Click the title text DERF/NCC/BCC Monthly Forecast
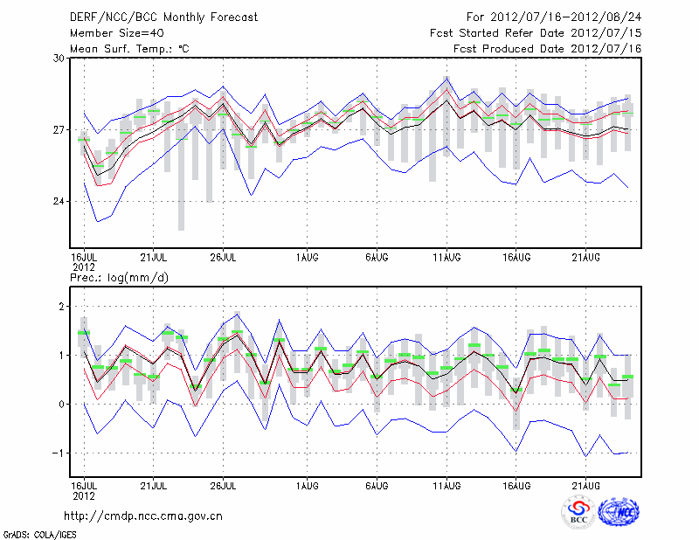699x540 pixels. click(x=163, y=17)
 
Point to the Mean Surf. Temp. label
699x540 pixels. click(x=129, y=48)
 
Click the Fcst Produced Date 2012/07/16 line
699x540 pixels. click(x=548, y=48)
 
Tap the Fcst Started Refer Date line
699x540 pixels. click(x=536, y=32)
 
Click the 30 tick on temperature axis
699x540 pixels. click(x=59, y=58)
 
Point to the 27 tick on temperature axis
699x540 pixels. click(x=59, y=130)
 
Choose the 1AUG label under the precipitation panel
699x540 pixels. click(x=307, y=485)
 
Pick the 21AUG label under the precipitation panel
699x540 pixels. click(x=586, y=485)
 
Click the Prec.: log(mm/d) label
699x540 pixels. click(x=120, y=277)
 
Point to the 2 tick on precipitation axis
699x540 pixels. click(x=61, y=307)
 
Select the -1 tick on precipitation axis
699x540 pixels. click(x=59, y=453)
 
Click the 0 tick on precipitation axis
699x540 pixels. click(x=61, y=404)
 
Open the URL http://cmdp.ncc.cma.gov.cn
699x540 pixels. click(x=143, y=516)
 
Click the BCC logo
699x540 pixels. click(x=578, y=513)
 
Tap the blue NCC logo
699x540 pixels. click(x=619, y=514)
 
